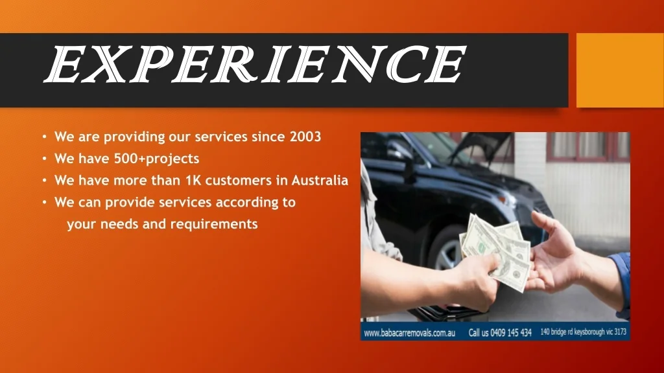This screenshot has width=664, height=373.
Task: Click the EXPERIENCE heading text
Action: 255,64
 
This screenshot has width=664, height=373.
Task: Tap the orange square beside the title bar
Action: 620,70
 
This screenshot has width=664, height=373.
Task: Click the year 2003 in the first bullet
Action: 305,137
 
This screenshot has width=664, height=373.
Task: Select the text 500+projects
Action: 157,159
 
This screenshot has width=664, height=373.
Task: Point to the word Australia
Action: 320,180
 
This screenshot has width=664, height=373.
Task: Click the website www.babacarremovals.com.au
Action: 410,333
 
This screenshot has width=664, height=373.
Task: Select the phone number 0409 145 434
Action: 511,333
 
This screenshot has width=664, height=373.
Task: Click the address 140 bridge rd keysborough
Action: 571,332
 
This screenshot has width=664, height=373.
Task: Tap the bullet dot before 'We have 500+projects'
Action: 45,159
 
